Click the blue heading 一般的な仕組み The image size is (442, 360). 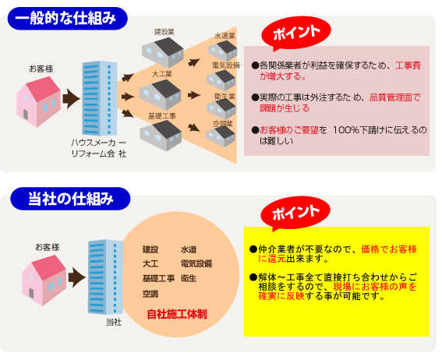67,19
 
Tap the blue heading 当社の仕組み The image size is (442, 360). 70,199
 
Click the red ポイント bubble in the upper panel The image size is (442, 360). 296,33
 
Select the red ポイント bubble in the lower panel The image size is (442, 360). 295,213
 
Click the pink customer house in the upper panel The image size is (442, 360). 38,101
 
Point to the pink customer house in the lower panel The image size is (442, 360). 44,281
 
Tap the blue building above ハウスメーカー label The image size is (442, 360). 100,98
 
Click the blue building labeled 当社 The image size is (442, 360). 105,277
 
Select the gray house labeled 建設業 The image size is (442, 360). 163,52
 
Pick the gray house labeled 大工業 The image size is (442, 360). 160,94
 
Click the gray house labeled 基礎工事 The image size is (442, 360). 161,136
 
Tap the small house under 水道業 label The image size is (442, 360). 222,51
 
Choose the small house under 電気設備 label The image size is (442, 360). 221,80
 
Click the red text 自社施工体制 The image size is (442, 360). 177,314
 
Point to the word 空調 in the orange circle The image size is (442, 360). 150,294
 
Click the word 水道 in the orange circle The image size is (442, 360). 189,249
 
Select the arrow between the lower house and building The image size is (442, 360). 76,277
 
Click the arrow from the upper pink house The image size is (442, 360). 71,99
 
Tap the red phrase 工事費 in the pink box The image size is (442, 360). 408,65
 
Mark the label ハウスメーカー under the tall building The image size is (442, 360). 98,143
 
